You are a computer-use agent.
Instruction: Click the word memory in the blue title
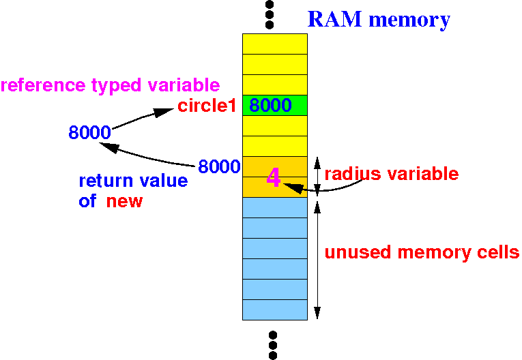click(x=409, y=19)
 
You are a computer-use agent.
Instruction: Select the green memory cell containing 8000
click(x=275, y=106)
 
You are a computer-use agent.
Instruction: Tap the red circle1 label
click(x=207, y=106)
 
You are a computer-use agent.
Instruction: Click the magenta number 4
click(x=274, y=178)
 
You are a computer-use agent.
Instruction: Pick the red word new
click(x=124, y=201)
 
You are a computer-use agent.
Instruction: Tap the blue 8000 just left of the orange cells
click(x=219, y=166)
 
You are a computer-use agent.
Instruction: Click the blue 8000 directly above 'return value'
click(x=89, y=132)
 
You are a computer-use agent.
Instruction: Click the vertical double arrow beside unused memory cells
click(x=317, y=259)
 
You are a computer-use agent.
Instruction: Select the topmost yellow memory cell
click(x=275, y=44)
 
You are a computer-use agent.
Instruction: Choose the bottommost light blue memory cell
click(x=275, y=310)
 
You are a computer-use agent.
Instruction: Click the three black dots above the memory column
click(x=270, y=15)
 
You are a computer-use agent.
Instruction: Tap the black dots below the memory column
click(x=273, y=345)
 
